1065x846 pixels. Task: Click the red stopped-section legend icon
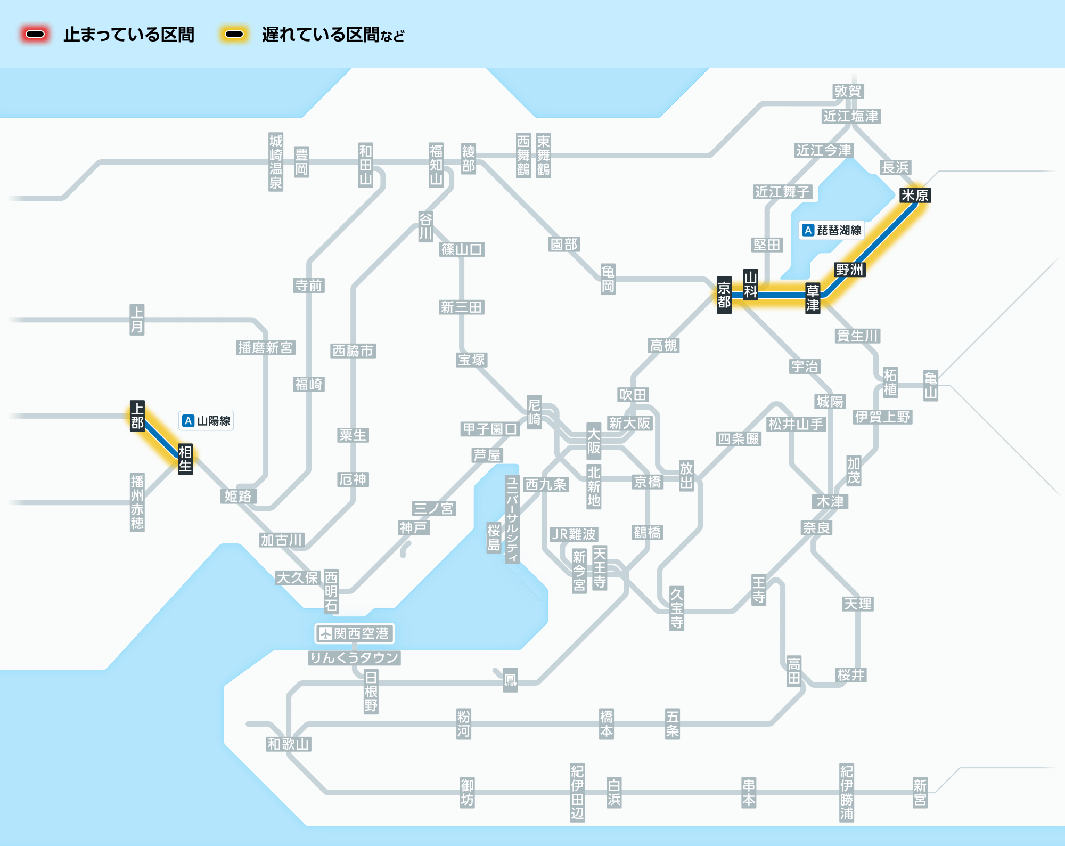coord(35,35)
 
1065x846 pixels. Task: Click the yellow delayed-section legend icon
coord(234,35)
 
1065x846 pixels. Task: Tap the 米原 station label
coord(915,196)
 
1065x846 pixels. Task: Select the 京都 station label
coord(724,295)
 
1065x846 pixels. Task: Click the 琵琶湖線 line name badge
coord(832,230)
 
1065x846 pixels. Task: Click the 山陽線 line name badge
coord(206,421)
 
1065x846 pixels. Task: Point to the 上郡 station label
coord(137,416)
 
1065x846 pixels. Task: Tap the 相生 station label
coord(185,459)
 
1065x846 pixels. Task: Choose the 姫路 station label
coord(238,497)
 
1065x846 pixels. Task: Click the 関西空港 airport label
coord(355,633)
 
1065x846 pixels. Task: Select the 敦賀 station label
coord(848,92)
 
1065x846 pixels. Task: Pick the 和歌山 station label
coord(289,744)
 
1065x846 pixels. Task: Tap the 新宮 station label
coord(920,793)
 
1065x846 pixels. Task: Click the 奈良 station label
coord(816,528)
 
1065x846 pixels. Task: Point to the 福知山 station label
coord(436,165)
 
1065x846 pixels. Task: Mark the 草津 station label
coord(812,298)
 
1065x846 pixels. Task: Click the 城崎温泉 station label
coord(275,162)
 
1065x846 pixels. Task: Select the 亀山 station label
coord(930,386)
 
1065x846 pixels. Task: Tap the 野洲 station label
coord(849,270)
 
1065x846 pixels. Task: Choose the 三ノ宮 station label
coord(433,509)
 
